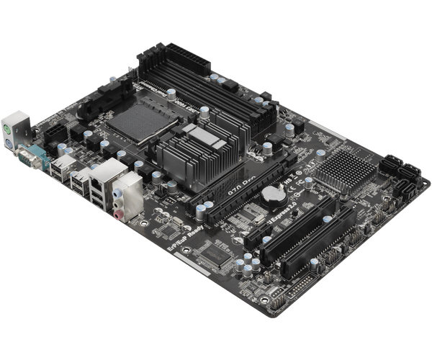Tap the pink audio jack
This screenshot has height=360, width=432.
tap(117, 214)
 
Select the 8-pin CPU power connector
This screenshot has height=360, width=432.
tap(58, 132)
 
